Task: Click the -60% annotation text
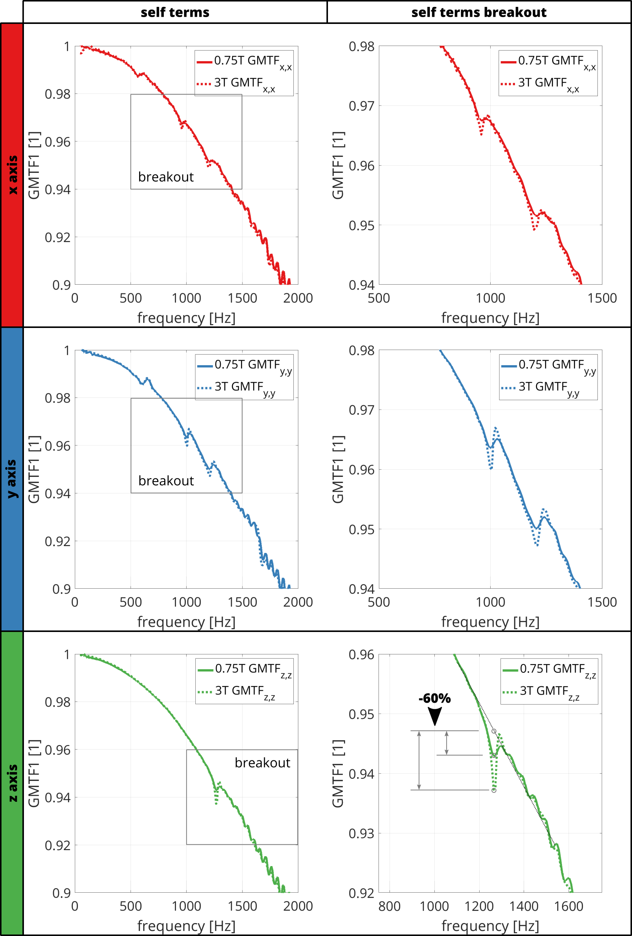tap(435, 698)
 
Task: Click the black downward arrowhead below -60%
tap(435, 716)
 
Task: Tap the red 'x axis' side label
tap(12, 175)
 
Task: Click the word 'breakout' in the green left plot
tap(262, 762)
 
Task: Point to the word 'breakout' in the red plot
tap(166, 177)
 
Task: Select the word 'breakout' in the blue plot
tap(166, 480)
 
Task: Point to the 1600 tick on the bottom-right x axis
tap(569, 906)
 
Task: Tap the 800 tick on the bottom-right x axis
tap(390, 906)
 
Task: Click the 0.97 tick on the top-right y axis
tap(361, 106)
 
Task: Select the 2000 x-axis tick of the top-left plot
tap(298, 298)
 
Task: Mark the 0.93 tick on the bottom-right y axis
tap(361, 833)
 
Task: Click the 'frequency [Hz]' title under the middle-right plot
tap(490, 622)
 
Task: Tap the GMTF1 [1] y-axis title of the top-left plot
tap(34, 165)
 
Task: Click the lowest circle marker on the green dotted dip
tap(494, 790)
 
